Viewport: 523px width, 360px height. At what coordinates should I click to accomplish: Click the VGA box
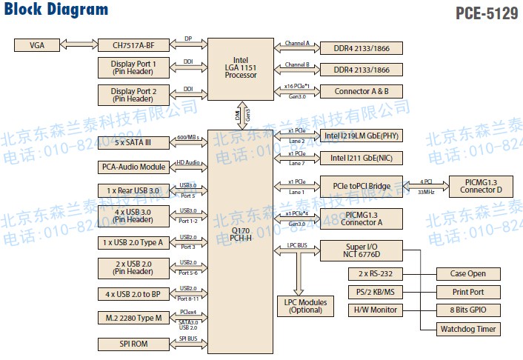pos(38,45)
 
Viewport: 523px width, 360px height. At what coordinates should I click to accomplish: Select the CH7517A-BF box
pos(134,45)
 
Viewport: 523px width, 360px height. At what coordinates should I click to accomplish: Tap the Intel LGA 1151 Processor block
pos(241,68)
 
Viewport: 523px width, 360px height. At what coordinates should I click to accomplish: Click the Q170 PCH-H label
pos(240,234)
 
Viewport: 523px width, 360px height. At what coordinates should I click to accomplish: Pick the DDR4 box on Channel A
pos(362,48)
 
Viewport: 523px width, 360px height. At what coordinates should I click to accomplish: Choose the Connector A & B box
pos(362,91)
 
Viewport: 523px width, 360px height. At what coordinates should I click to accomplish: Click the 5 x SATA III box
pos(134,143)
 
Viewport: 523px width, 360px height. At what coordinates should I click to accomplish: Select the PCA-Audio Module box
pos(134,167)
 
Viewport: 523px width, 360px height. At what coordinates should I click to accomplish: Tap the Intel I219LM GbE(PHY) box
pos(362,136)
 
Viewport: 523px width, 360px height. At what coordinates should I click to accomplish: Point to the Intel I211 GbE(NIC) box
pos(362,158)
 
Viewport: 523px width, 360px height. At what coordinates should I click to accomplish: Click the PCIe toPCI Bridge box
pos(362,186)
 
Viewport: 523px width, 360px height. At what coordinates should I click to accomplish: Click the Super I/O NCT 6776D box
pos(362,250)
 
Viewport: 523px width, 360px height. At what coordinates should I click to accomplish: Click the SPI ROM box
pos(134,344)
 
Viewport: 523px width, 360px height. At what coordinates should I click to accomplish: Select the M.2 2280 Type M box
pos(134,318)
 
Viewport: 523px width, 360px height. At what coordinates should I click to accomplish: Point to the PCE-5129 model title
pos(486,13)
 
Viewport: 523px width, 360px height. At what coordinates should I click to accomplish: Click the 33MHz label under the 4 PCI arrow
pos(426,192)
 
